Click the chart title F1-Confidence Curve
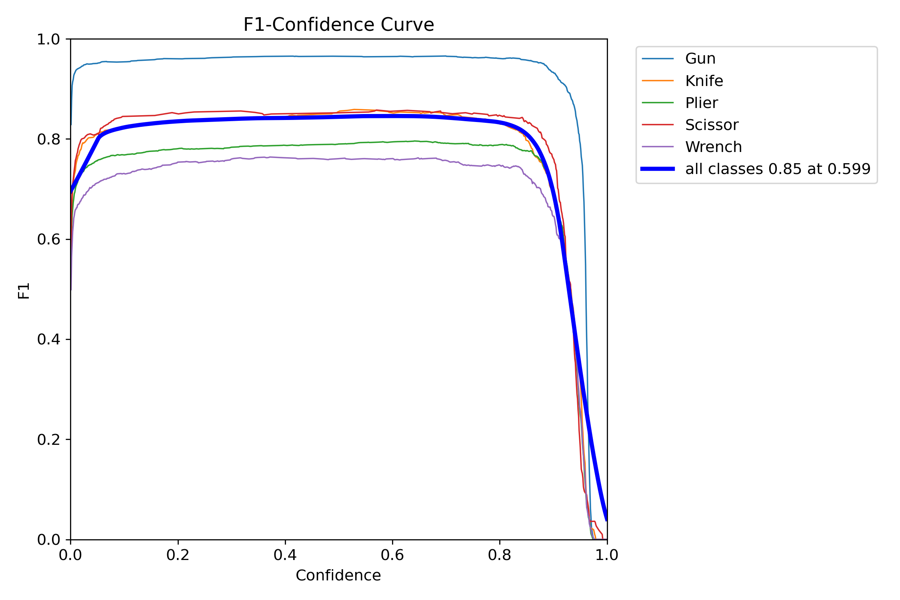point(338,25)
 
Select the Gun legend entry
point(700,59)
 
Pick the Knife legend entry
point(704,81)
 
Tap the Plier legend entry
point(701,103)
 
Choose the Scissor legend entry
point(712,125)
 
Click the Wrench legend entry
point(713,147)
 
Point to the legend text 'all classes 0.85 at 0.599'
point(778,169)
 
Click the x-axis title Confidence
point(338,575)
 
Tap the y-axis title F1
point(24,290)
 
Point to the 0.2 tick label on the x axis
point(178,555)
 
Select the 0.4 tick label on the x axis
point(285,555)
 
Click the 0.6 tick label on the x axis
point(392,555)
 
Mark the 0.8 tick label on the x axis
point(500,555)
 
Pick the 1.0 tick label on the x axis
point(607,555)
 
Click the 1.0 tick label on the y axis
point(48,39)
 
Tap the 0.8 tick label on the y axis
point(48,139)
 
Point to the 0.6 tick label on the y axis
point(48,239)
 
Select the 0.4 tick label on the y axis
point(48,339)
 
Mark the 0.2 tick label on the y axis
point(48,439)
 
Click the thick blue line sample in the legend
point(658,169)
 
